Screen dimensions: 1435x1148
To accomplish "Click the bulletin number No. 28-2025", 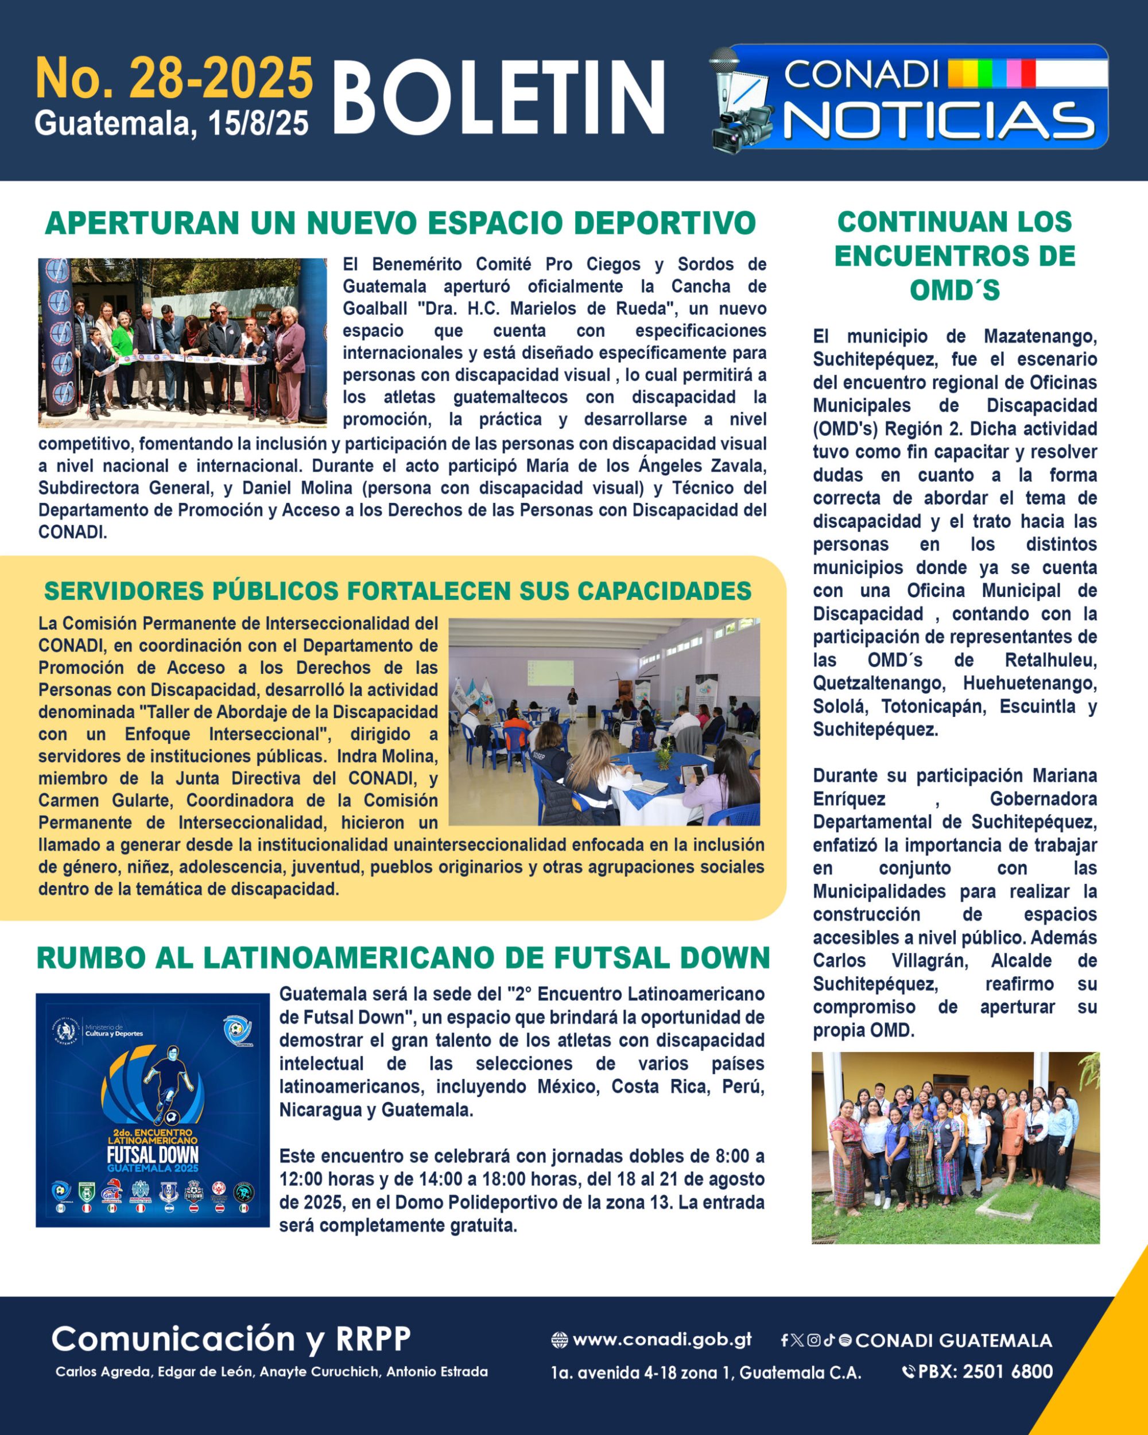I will pyautogui.click(x=174, y=79).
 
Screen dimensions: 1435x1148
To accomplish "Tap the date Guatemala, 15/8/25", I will pyautogui.click(x=172, y=123).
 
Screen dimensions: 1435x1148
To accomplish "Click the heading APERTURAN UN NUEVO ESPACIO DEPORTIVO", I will pyautogui.click(x=400, y=223).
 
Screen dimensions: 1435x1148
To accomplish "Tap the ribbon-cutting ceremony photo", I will pyautogui.click(x=182, y=342).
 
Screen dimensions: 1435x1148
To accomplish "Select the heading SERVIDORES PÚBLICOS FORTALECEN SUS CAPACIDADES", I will pyautogui.click(x=397, y=591).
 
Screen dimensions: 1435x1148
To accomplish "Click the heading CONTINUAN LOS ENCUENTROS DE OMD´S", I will pyautogui.click(x=955, y=255).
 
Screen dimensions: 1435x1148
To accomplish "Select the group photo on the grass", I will pyautogui.click(x=955, y=1147).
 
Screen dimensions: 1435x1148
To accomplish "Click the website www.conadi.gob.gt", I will pyautogui.click(x=661, y=1339).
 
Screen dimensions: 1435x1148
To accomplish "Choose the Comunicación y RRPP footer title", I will pyautogui.click(x=231, y=1339).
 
